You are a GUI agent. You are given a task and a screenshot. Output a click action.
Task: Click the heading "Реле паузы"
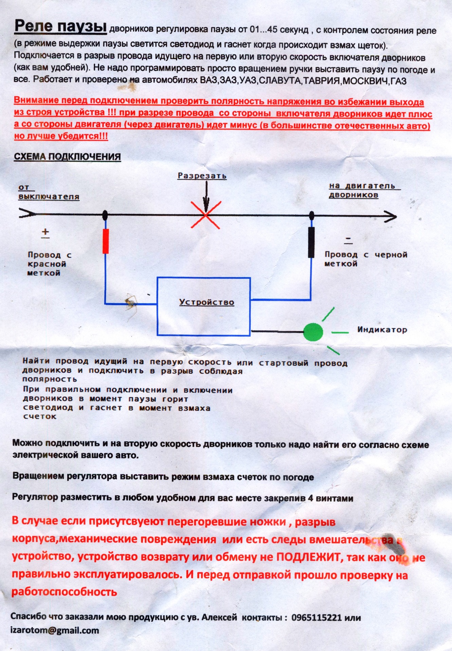coord(60,26)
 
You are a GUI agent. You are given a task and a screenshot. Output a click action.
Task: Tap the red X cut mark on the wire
coord(206,215)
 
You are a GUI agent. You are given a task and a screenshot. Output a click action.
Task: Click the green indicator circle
coord(313,332)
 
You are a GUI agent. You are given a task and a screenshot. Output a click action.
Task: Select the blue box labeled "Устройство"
coord(204,307)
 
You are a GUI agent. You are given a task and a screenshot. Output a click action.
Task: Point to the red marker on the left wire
coord(106,241)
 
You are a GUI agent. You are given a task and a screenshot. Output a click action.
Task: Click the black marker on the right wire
coord(311,242)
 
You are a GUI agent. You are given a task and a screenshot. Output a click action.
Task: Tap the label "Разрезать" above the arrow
coord(202,176)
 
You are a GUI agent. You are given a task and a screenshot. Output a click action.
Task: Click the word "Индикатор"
coord(382,330)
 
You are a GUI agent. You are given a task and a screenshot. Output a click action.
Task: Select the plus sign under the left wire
coord(45,232)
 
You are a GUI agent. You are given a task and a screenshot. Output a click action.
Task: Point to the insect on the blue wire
coord(131,303)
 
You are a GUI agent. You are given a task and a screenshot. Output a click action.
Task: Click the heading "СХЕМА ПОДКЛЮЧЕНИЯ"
coord(67,157)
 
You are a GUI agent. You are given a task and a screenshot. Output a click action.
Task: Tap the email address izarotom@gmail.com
coord(55,631)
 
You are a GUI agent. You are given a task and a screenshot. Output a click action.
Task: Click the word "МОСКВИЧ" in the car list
coord(366,81)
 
